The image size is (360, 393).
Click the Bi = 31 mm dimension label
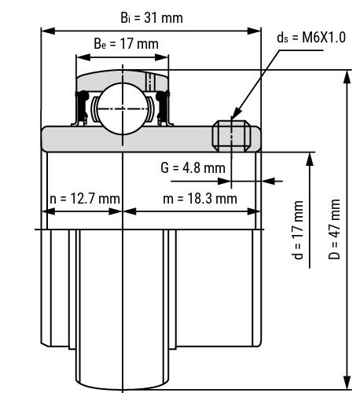coord(151,16)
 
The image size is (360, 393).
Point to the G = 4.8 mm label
coord(193,167)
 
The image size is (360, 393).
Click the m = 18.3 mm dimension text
coord(200,199)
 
